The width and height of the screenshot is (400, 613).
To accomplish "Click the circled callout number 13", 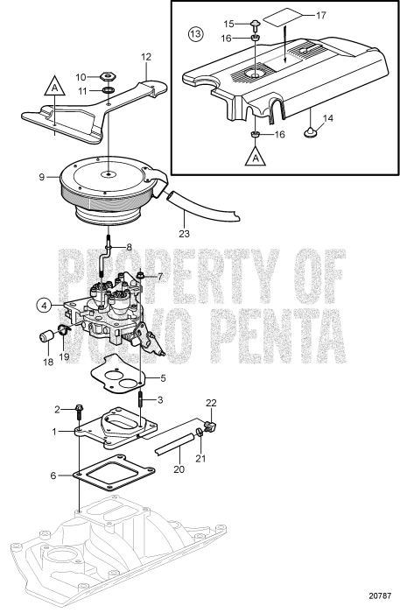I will click(194, 34).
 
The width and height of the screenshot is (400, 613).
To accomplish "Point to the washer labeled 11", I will click(105, 92).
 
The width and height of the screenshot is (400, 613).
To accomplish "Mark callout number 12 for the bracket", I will click(146, 58).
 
